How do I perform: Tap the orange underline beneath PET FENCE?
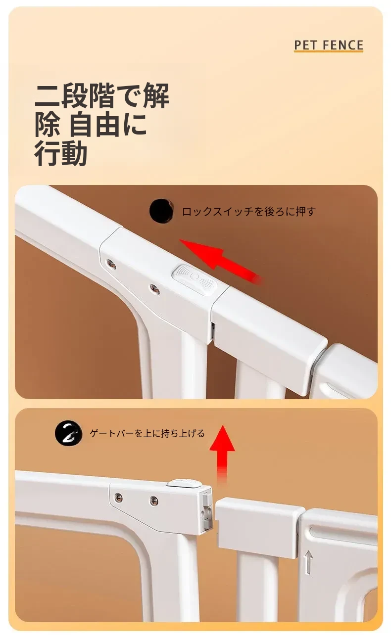(x=329, y=51)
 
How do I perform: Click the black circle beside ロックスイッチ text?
(x=161, y=211)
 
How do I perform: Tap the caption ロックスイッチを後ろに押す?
(x=249, y=211)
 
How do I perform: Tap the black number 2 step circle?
(x=68, y=433)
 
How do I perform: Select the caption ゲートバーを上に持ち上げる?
(x=147, y=433)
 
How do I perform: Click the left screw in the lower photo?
(x=119, y=505)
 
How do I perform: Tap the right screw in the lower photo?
(x=153, y=506)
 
